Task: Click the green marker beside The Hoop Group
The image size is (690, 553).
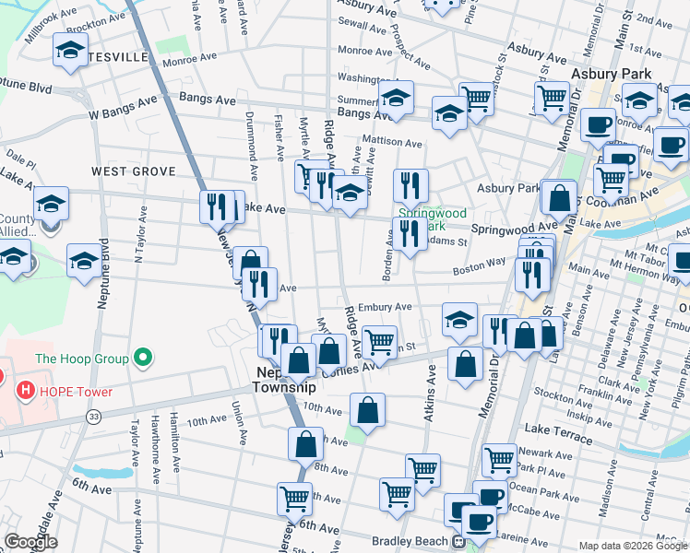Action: (142, 357)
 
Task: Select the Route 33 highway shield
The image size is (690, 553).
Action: (94, 417)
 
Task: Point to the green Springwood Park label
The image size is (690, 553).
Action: (422, 218)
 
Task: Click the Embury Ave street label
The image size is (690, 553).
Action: (391, 307)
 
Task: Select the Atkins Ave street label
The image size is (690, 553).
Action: (430, 394)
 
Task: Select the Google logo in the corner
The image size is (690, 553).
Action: (30, 542)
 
